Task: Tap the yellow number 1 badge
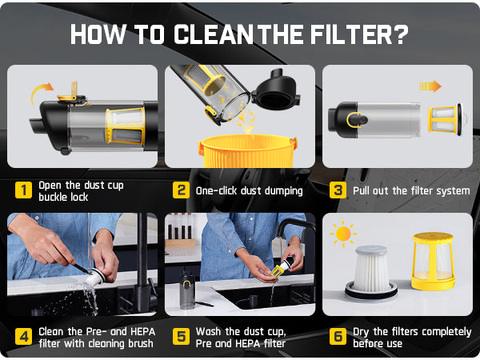coord(24,190)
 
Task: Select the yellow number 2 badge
coord(182,190)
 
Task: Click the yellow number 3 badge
coord(338,190)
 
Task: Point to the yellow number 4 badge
coord(24,336)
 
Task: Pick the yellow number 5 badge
coord(182,336)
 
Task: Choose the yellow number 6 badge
coord(338,336)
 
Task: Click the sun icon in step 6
coord(344,234)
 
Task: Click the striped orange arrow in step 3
coord(430,86)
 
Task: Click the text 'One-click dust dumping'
coord(250,190)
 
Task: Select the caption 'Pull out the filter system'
coord(411,190)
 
